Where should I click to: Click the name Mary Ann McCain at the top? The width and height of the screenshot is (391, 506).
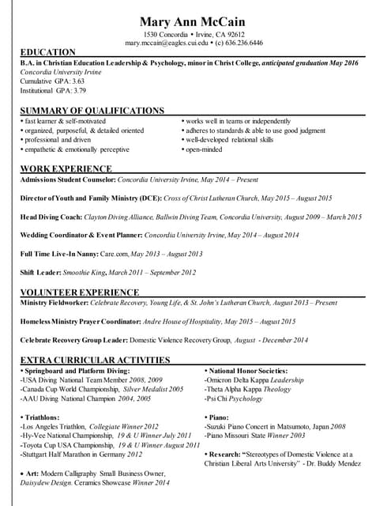[194, 21]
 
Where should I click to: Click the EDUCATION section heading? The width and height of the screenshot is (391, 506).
[48, 52]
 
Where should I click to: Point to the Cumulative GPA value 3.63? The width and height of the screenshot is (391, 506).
[77, 81]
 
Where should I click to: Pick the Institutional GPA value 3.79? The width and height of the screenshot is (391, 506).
[78, 90]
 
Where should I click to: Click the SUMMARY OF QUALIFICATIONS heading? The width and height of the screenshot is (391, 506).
[92, 111]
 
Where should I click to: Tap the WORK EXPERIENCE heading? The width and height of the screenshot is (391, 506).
[66, 168]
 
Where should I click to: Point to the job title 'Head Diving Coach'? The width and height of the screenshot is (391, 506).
[49, 217]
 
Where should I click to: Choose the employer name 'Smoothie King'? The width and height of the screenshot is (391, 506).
[85, 273]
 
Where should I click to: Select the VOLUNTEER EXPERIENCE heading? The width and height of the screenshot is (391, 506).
[79, 292]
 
